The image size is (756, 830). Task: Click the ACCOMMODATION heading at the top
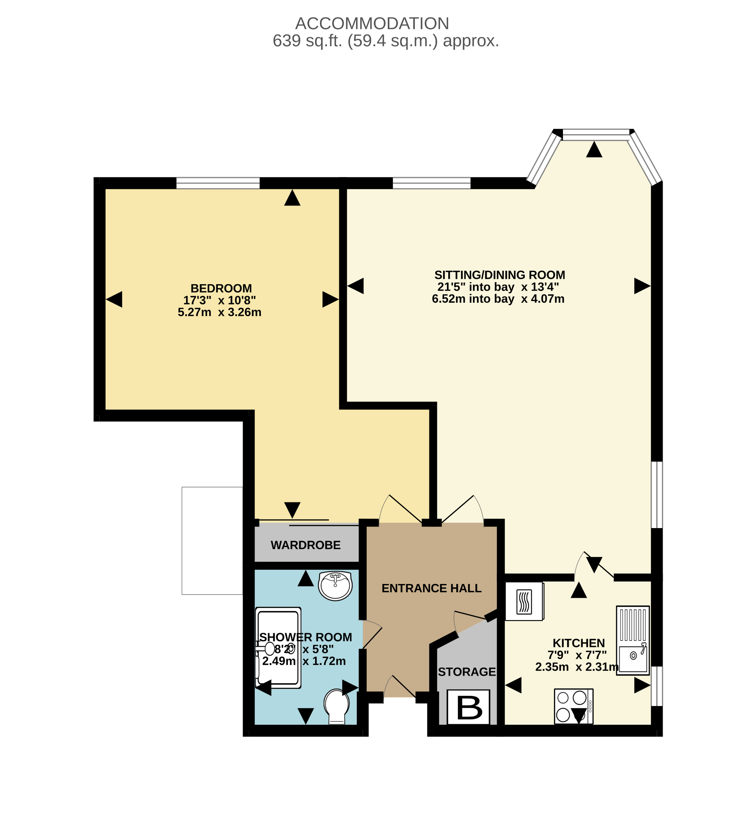(x=372, y=24)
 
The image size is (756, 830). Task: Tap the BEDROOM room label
(x=221, y=288)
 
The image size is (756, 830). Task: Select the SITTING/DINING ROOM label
(x=500, y=275)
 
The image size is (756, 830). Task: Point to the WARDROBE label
(x=306, y=545)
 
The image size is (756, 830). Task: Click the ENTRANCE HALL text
(x=432, y=588)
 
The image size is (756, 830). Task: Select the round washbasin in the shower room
(x=335, y=586)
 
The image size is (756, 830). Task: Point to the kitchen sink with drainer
(x=633, y=640)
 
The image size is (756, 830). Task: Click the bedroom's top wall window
(x=218, y=183)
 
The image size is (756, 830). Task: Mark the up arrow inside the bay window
(x=594, y=149)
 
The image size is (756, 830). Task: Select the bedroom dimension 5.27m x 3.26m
(x=219, y=312)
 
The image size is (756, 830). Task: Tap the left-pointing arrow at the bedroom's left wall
(x=114, y=299)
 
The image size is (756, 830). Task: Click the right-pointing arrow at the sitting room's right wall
(x=642, y=286)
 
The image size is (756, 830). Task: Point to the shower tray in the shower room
(x=279, y=648)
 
